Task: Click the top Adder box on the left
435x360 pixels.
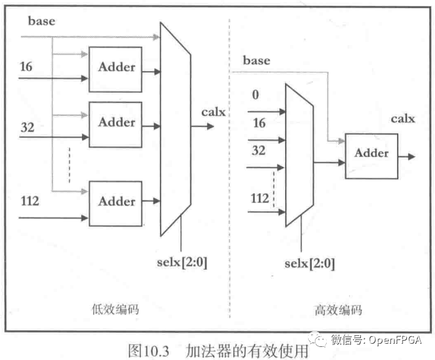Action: pos(116,68)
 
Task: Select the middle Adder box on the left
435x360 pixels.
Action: pos(116,123)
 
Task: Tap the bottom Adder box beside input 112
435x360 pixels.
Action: pos(116,202)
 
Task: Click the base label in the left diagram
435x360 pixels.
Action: pos(42,21)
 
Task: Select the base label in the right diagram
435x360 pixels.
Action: pos(256,60)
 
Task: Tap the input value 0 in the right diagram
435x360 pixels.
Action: pos(256,95)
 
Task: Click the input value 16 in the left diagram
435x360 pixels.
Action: pos(27,65)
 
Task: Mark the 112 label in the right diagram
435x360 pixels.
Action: pos(260,199)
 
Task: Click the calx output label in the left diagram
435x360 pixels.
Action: pos(213,113)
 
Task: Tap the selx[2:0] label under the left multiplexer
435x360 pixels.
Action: pos(181,262)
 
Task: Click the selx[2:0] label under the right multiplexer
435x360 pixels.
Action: pos(309,263)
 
